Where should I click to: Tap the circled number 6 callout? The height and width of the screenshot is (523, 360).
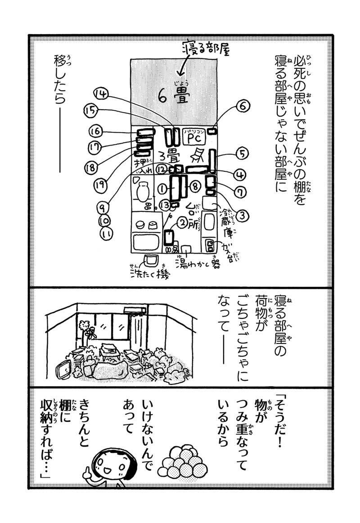click(242, 107)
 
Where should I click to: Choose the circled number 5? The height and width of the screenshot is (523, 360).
click(242, 154)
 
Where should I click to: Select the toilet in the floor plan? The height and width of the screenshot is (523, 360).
click(142, 191)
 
